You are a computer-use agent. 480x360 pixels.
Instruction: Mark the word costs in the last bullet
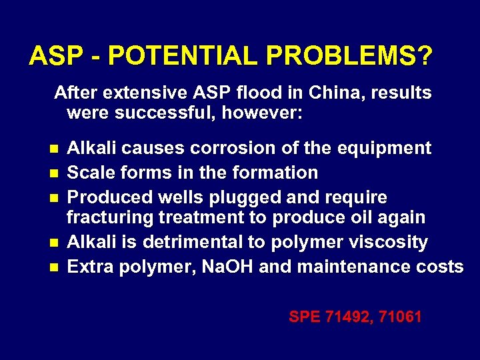pyautogui.click(x=443, y=267)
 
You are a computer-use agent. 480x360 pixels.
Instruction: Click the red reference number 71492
pyautogui.click(x=349, y=317)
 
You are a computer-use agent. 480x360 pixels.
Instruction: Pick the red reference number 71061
pyautogui.click(x=400, y=317)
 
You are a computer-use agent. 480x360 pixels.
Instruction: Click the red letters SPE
pyautogui.click(x=304, y=317)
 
